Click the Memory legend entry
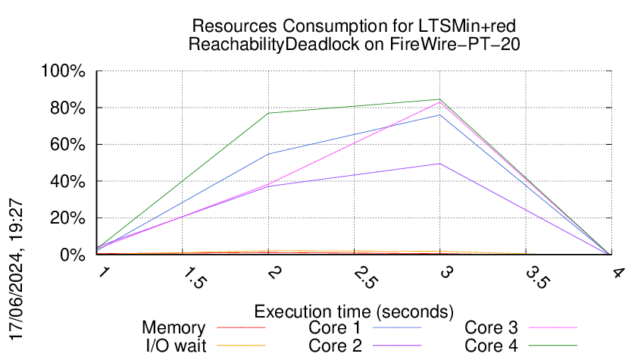(174, 328)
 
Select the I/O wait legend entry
(168, 346)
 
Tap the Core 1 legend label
(339, 328)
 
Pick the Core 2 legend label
(339, 346)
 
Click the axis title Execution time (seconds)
(354, 311)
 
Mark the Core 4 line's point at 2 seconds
(268, 113)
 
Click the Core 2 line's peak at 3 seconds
(439, 164)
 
